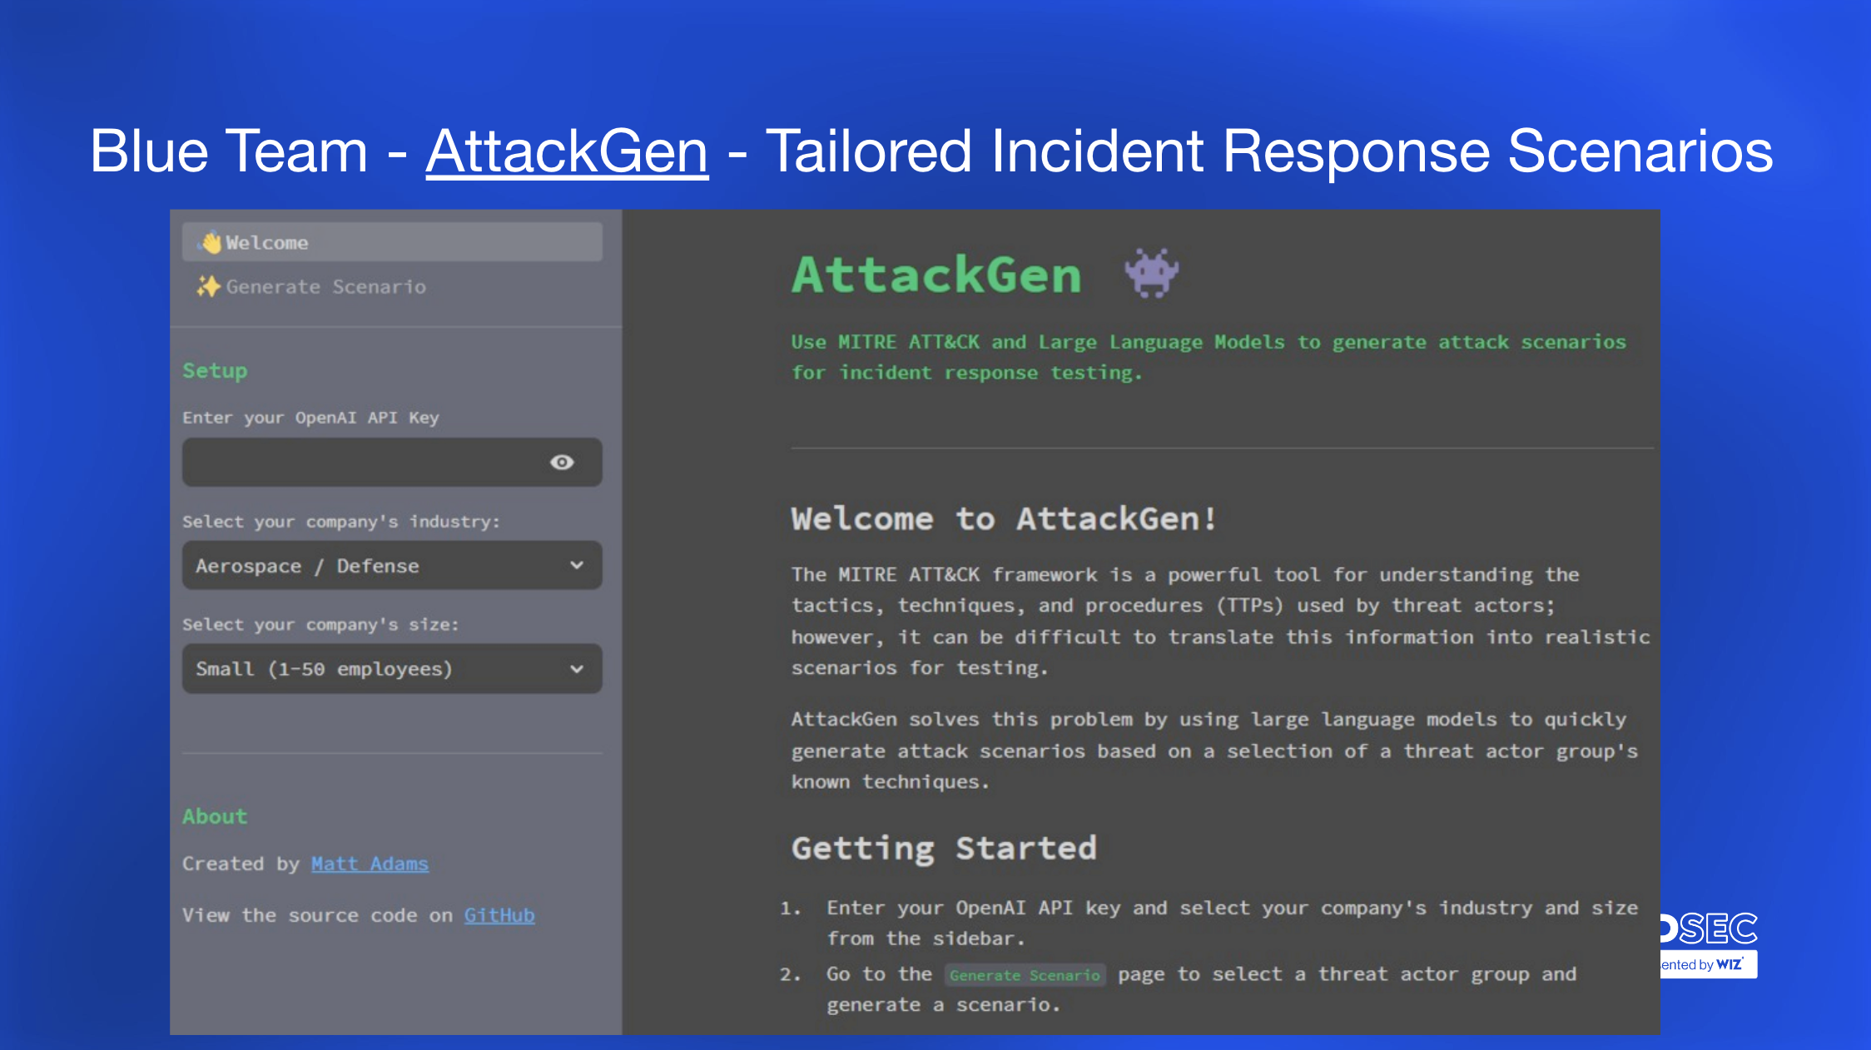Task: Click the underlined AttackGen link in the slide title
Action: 567,151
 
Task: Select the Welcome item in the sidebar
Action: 392,242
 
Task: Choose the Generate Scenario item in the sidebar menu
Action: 325,287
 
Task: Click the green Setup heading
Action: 215,371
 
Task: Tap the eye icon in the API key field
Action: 562,463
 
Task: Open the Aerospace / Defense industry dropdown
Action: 392,566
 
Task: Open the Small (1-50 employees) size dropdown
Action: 392,669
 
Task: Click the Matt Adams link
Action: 370,864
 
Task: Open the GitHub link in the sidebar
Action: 499,915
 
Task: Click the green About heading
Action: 215,816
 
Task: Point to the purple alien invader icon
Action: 1152,273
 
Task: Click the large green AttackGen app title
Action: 936,275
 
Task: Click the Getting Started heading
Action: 944,849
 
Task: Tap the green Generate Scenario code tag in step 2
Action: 1025,975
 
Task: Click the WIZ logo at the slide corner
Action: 1730,964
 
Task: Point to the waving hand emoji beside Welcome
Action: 211,242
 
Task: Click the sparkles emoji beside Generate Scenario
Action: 208,287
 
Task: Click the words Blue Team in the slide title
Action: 229,151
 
